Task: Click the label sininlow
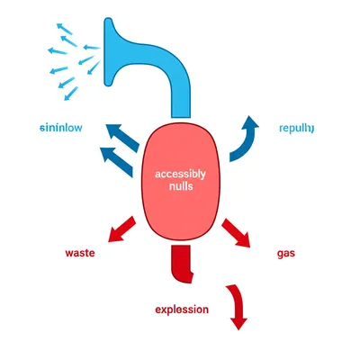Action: pyautogui.click(x=62, y=128)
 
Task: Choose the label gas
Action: pyautogui.click(x=287, y=254)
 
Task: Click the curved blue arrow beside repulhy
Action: pyautogui.click(x=244, y=139)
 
